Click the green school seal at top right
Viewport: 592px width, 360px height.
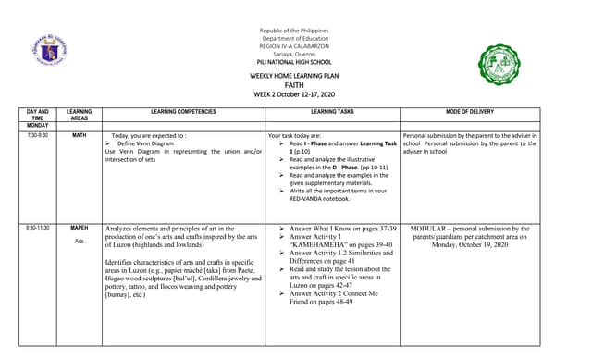[x=505, y=64]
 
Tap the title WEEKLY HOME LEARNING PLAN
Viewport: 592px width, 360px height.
[x=295, y=75]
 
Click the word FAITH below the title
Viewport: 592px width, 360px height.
[x=295, y=84]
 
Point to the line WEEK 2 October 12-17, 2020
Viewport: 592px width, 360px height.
[x=295, y=94]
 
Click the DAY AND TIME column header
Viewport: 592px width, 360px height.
[x=38, y=114]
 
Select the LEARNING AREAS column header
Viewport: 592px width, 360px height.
[x=80, y=114]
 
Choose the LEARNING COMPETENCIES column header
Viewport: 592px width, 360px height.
[x=183, y=110]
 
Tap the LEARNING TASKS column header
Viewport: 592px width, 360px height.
[x=332, y=110]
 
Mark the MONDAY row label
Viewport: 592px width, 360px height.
[x=38, y=125]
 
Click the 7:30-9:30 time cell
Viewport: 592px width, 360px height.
[x=38, y=135]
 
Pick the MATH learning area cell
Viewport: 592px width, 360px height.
[x=80, y=135]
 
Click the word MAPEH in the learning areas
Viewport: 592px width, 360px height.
[x=80, y=228]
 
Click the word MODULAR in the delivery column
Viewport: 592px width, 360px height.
[x=434, y=228]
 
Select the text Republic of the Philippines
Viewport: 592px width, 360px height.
[x=296, y=31]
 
